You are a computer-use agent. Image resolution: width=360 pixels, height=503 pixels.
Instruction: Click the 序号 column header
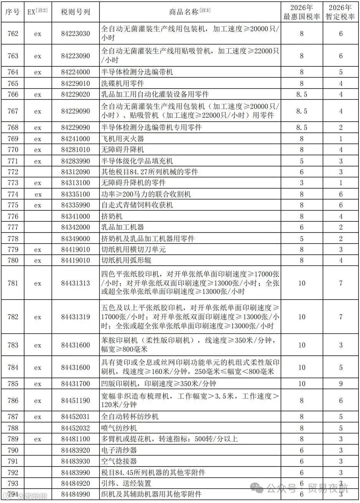pos(13,12)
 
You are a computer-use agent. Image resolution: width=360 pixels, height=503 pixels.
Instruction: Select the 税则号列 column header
pos(76,12)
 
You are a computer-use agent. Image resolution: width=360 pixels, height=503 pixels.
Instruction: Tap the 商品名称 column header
pos(190,12)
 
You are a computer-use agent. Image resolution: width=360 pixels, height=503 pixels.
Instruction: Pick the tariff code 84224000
pos(76,72)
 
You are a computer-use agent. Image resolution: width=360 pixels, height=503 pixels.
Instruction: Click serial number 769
pos(13,139)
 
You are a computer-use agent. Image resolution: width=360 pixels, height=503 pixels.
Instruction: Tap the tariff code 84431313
pos(76,284)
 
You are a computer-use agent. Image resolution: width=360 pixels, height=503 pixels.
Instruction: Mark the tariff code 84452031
pos(76,417)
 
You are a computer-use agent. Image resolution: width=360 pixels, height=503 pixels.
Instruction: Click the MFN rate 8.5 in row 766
pos(302,94)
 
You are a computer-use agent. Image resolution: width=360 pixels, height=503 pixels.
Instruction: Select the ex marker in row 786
pos(37,401)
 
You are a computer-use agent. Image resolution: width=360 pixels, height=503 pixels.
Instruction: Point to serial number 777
pos(13,228)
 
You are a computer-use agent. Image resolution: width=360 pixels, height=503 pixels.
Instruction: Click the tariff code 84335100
pos(76,194)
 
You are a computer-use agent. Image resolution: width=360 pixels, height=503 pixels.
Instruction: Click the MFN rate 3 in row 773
pos(302,183)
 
